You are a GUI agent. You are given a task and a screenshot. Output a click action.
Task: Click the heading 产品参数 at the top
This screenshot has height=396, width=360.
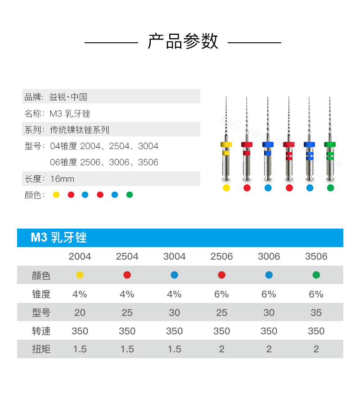click(x=183, y=42)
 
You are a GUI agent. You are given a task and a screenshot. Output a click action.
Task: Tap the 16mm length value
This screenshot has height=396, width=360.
click(x=62, y=179)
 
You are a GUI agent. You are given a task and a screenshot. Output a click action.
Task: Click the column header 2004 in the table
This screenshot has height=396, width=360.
click(x=80, y=256)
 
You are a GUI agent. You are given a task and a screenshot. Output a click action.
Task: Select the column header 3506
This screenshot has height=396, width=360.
click(x=316, y=256)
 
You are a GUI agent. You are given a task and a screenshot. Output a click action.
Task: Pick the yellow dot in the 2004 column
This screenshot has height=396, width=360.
click(x=80, y=275)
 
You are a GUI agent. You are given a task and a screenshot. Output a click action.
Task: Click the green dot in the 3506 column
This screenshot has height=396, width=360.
click(x=316, y=275)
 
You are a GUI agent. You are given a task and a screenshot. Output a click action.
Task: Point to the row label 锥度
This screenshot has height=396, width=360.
click(x=41, y=294)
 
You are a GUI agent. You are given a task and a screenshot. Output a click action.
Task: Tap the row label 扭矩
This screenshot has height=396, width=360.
click(x=41, y=349)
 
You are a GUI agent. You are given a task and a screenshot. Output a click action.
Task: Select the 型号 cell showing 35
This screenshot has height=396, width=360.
click(x=316, y=313)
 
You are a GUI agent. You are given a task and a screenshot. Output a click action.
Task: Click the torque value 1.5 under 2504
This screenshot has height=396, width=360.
click(x=127, y=349)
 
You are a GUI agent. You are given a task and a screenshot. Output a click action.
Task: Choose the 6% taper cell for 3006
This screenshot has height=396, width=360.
click(x=269, y=294)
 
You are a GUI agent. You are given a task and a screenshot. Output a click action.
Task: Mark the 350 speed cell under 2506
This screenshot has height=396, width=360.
click(x=221, y=331)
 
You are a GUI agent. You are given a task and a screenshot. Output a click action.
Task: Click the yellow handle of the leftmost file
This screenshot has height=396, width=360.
click(x=226, y=144)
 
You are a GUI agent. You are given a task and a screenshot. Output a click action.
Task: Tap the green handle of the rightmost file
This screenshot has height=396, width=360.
click(x=330, y=144)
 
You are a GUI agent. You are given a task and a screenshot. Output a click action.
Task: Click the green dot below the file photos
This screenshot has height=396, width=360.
click(x=330, y=188)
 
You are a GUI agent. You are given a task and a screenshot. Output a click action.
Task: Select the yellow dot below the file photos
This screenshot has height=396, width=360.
click(x=226, y=188)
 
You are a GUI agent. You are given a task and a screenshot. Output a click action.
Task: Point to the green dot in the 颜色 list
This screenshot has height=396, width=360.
click(x=130, y=195)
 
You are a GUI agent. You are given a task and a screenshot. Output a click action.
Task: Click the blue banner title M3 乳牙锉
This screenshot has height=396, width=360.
click(x=58, y=238)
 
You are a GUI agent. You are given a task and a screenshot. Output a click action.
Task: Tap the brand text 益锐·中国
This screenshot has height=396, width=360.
click(x=68, y=97)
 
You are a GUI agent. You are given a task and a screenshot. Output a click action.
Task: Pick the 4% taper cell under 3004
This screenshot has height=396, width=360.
click(x=174, y=294)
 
